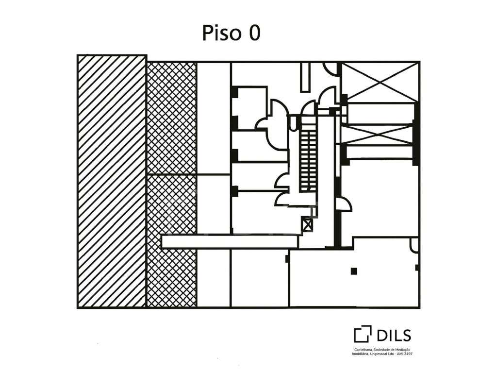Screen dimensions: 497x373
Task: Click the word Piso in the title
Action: [222, 33]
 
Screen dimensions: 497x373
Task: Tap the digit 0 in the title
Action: [254, 33]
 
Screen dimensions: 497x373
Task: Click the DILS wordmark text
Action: [394, 336]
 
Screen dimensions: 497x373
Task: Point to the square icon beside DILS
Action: [363, 334]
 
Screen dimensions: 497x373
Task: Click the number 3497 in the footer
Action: [409, 354]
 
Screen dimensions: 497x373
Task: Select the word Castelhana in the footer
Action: [362, 350]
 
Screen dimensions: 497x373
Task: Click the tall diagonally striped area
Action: [112, 182]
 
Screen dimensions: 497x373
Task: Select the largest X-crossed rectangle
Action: [380, 82]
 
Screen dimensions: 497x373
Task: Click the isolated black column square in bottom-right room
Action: [354, 271]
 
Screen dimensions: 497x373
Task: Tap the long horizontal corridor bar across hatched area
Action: [230, 241]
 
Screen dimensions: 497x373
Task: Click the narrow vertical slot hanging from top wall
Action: [305, 77]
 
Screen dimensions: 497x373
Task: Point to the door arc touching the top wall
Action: [331, 69]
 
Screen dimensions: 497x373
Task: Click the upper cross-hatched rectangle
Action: [171, 119]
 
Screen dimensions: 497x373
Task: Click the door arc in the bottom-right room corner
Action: [414, 245]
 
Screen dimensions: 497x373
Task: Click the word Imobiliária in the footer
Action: [360, 354]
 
